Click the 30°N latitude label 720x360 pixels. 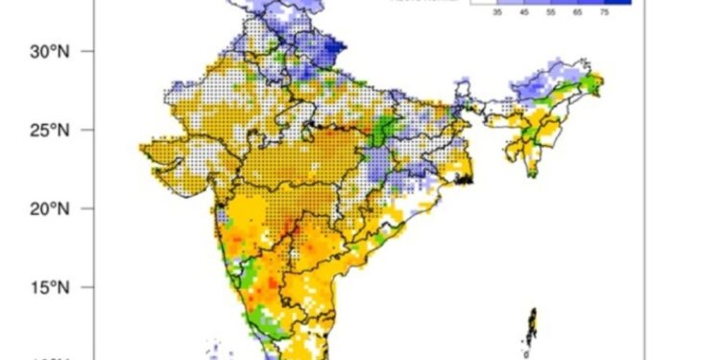pyautogui.click(x=49, y=50)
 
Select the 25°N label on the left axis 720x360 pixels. pyautogui.click(x=49, y=129)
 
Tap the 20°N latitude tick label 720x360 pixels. pyautogui.click(x=49, y=207)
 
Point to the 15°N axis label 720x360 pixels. pyautogui.click(x=49, y=286)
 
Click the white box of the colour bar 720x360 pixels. pyautogui.click(x=483, y=3)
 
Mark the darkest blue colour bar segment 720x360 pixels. pyautogui.click(x=617, y=3)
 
